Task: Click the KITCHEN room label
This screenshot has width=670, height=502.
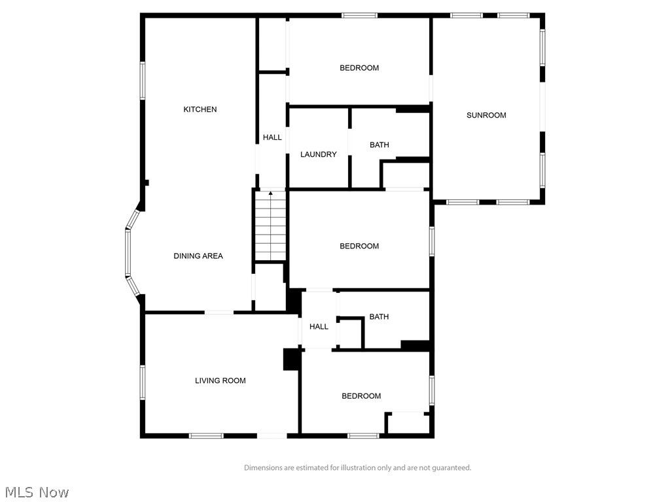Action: (200, 109)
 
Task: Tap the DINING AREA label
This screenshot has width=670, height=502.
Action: (198, 256)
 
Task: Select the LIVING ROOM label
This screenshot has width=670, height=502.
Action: (220, 380)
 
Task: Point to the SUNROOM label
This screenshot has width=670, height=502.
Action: (486, 115)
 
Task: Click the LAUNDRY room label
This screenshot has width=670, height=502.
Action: (318, 154)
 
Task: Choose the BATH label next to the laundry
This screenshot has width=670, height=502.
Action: (379, 144)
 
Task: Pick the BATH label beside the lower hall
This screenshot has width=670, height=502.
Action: (379, 317)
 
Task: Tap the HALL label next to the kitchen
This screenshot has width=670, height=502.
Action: (272, 137)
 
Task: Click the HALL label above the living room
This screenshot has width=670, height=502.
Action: (319, 327)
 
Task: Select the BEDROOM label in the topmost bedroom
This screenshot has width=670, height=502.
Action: (359, 68)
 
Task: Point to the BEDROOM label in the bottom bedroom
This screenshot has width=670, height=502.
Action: (361, 396)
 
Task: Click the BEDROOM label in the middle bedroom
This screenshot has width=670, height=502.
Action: (359, 246)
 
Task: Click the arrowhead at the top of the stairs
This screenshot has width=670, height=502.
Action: (271, 193)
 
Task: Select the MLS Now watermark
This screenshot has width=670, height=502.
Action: (37, 492)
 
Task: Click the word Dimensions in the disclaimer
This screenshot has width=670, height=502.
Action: (264, 468)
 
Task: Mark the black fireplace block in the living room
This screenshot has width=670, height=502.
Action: (291, 360)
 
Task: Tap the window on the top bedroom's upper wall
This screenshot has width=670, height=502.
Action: (359, 15)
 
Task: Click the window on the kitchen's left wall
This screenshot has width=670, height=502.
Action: (143, 80)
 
